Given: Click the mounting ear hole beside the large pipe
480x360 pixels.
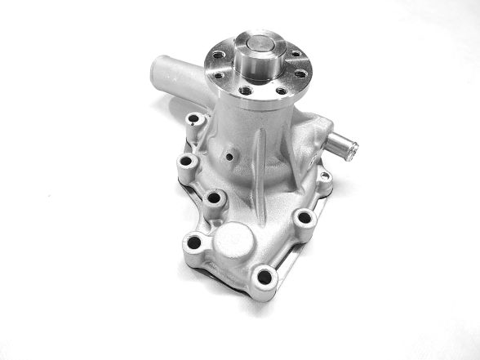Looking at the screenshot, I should pyautogui.click(x=193, y=121).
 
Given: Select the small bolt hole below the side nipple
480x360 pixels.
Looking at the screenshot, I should pyautogui.click(x=323, y=175).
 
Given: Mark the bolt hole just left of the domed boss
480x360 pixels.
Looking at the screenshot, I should pyautogui.click(x=193, y=242).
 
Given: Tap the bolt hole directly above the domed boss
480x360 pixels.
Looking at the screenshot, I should pyautogui.click(x=215, y=198).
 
